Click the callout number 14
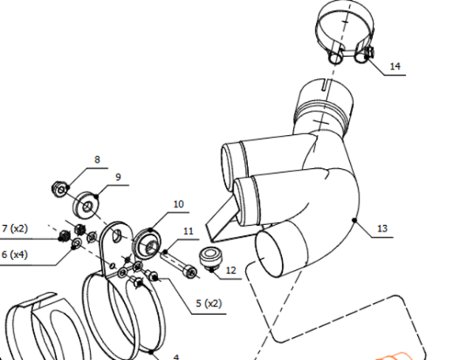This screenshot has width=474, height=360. click(x=395, y=66)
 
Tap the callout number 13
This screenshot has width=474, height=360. click(x=382, y=228)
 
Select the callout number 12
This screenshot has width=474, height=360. click(x=231, y=270)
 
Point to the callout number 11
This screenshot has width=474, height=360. click(x=188, y=231)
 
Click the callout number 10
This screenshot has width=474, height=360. click(x=179, y=204)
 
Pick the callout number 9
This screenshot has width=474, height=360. click(x=118, y=177)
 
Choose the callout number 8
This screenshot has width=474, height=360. click(x=97, y=159)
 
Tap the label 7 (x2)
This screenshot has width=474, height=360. click(x=14, y=228)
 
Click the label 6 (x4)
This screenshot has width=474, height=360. click(x=14, y=254)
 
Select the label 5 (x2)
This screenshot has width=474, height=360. click(x=209, y=303)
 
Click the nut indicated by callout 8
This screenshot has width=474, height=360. click(x=59, y=189)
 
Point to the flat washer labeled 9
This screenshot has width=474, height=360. click(x=86, y=204)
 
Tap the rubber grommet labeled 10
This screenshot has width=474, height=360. click(x=147, y=244)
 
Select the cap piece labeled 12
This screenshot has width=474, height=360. click(x=209, y=256)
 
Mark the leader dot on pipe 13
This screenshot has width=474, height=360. click(x=355, y=220)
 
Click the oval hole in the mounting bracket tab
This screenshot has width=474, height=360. click(x=116, y=235)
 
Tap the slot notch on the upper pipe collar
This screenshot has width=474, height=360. click(x=325, y=84)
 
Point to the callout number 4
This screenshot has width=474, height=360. click(x=176, y=358)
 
